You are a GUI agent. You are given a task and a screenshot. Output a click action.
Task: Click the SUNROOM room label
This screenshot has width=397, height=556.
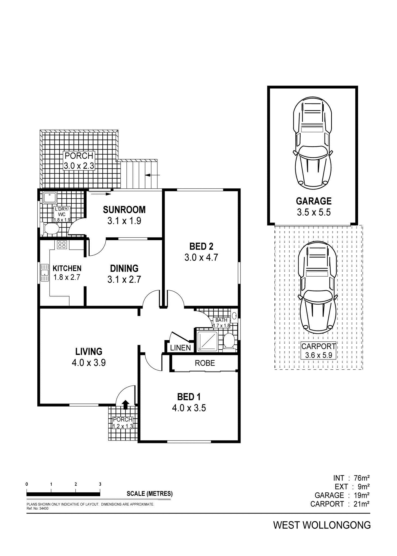[124, 210]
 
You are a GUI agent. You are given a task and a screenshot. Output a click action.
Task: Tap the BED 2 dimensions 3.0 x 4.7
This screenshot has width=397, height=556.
[201, 257]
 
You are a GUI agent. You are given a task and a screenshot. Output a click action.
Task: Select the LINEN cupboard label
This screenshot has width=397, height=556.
[180, 348]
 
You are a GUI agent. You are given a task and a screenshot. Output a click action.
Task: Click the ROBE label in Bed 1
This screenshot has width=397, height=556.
[205, 363]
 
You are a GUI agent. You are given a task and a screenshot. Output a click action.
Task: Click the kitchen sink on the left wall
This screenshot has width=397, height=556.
[44, 272]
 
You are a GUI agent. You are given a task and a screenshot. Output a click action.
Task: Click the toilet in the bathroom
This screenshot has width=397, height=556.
[229, 341]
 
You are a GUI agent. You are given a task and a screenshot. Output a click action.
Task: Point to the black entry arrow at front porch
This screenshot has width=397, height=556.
[125, 405]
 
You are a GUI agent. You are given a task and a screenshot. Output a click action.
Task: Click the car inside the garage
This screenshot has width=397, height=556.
[313, 143]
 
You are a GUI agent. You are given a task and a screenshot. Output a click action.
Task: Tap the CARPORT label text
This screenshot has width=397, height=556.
[318, 346]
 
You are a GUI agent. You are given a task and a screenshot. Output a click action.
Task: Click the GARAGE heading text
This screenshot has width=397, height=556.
[314, 201]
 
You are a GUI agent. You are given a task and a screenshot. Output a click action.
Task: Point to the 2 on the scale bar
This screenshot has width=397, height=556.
[76, 484]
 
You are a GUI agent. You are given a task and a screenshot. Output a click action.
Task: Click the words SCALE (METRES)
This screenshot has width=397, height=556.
[149, 494]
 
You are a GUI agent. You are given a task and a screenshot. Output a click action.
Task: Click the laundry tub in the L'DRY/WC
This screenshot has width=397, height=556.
[50, 198]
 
